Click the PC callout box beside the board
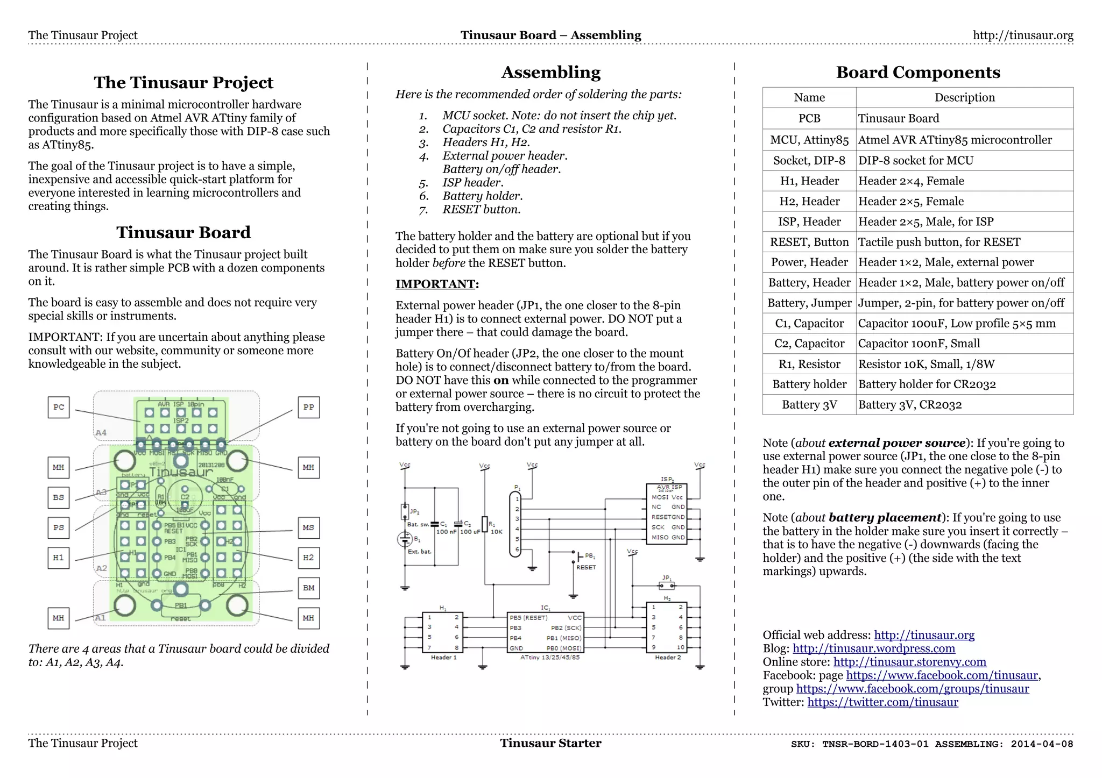59,407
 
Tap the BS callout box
59,497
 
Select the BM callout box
308,588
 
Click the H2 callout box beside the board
308,558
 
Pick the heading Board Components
917,72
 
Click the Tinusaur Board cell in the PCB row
964,118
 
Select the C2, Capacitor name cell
809,344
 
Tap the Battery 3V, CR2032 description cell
964,405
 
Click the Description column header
964,97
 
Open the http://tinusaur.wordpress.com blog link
873,648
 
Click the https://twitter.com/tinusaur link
882,702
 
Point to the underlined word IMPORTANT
435,284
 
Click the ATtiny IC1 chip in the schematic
545,632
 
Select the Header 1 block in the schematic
443,632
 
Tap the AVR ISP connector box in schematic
666,513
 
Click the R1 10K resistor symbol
485,524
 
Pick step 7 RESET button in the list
481,210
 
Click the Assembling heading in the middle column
550,72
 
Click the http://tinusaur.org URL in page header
1022,35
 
